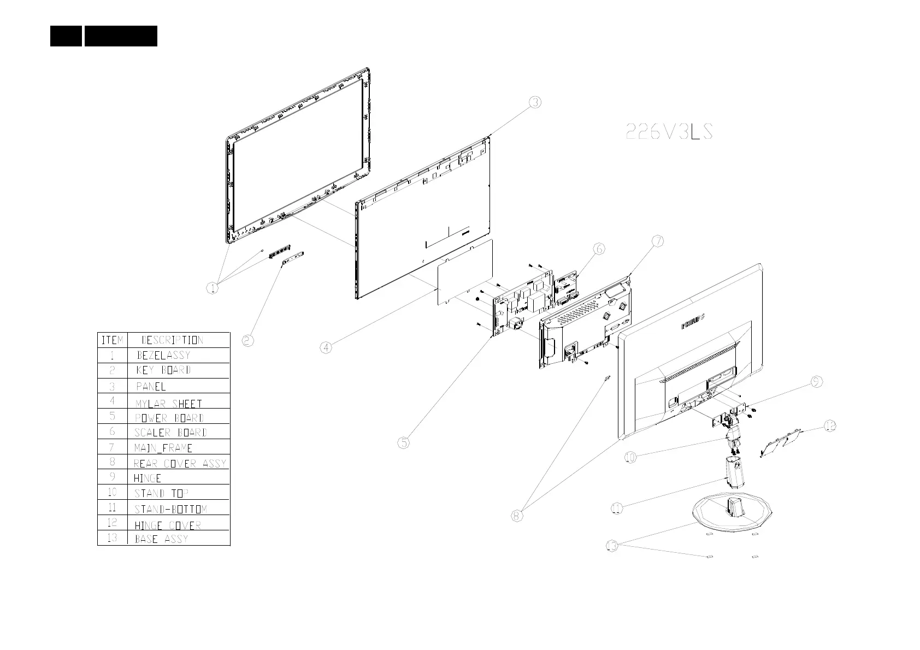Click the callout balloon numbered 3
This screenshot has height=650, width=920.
(535, 102)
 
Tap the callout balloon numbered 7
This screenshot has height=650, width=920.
(658, 241)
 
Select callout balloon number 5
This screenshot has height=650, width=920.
(403, 443)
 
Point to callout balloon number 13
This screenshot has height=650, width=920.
(612, 546)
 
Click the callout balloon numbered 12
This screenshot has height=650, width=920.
(830, 426)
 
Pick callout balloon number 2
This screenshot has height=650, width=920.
(247, 340)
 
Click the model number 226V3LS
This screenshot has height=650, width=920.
(669, 132)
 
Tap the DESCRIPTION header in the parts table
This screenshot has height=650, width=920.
(172, 340)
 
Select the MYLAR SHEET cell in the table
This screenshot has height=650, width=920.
(169, 404)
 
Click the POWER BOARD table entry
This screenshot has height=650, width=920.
(169, 418)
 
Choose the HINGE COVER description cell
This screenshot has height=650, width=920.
(168, 525)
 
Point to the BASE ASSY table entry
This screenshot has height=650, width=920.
(161, 539)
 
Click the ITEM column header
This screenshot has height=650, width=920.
(112, 340)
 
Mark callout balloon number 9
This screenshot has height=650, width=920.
(816, 382)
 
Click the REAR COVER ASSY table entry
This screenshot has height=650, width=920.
(180, 463)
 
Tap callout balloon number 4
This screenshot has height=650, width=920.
(326, 347)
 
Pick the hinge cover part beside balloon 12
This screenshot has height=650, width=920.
(782, 441)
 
